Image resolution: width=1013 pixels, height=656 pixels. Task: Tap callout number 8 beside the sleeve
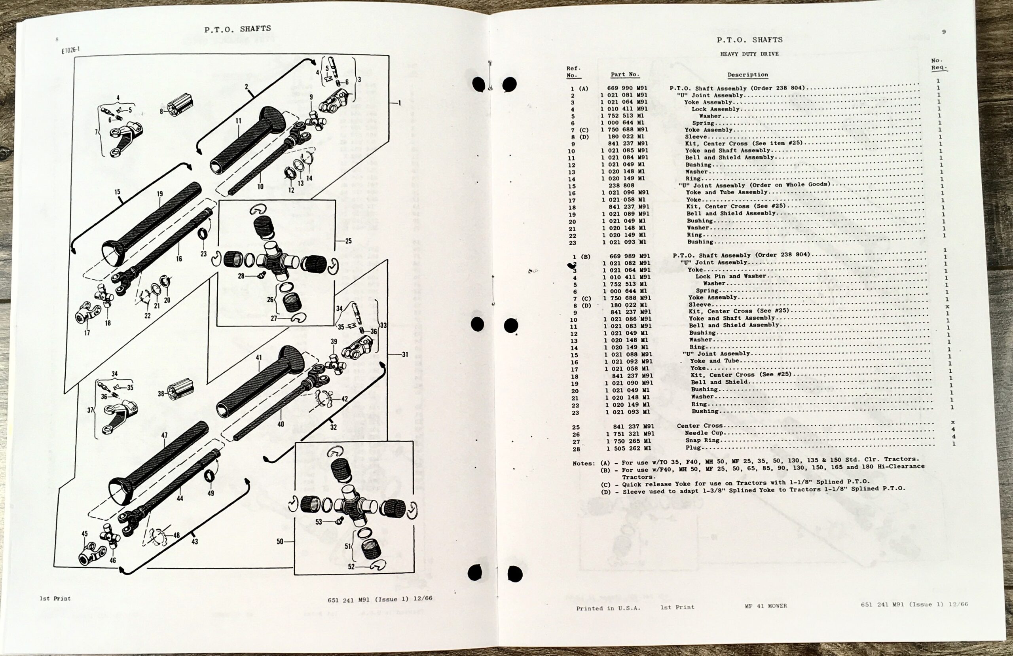pos(161,112)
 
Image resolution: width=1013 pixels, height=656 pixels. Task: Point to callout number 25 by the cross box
pos(348,241)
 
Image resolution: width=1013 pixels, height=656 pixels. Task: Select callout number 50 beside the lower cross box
pos(280,542)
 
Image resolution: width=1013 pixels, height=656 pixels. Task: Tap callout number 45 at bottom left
pos(85,534)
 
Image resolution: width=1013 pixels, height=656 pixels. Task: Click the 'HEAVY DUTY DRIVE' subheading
pos(749,54)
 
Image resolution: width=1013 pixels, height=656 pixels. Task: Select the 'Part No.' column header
pos(625,74)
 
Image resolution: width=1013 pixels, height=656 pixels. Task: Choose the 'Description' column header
pos(747,75)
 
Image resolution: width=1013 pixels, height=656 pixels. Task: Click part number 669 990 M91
pos(627,89)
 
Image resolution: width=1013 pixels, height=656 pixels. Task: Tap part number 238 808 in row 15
pos(621,186)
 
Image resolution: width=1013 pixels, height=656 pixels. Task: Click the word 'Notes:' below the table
pos(584,463)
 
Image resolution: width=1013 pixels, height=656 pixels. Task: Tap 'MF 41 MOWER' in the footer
pos(766,606)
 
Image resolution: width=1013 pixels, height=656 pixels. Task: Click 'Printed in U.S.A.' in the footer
pos(608,608)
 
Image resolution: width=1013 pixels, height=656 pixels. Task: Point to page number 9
pos(944,32)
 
